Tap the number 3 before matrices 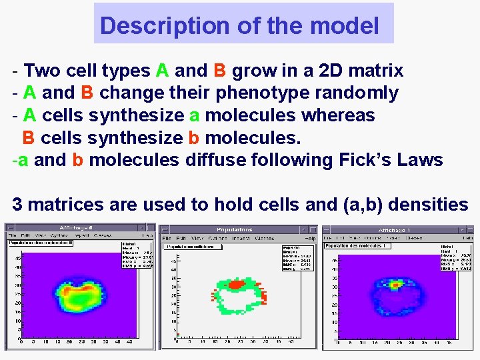tap(17, 205)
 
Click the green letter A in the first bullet tap(162, 70)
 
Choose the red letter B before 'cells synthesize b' tap(29, 138)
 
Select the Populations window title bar tap(239, 229)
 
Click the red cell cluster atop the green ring tap(237, 283)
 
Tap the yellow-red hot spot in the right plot tap(396, 284)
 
